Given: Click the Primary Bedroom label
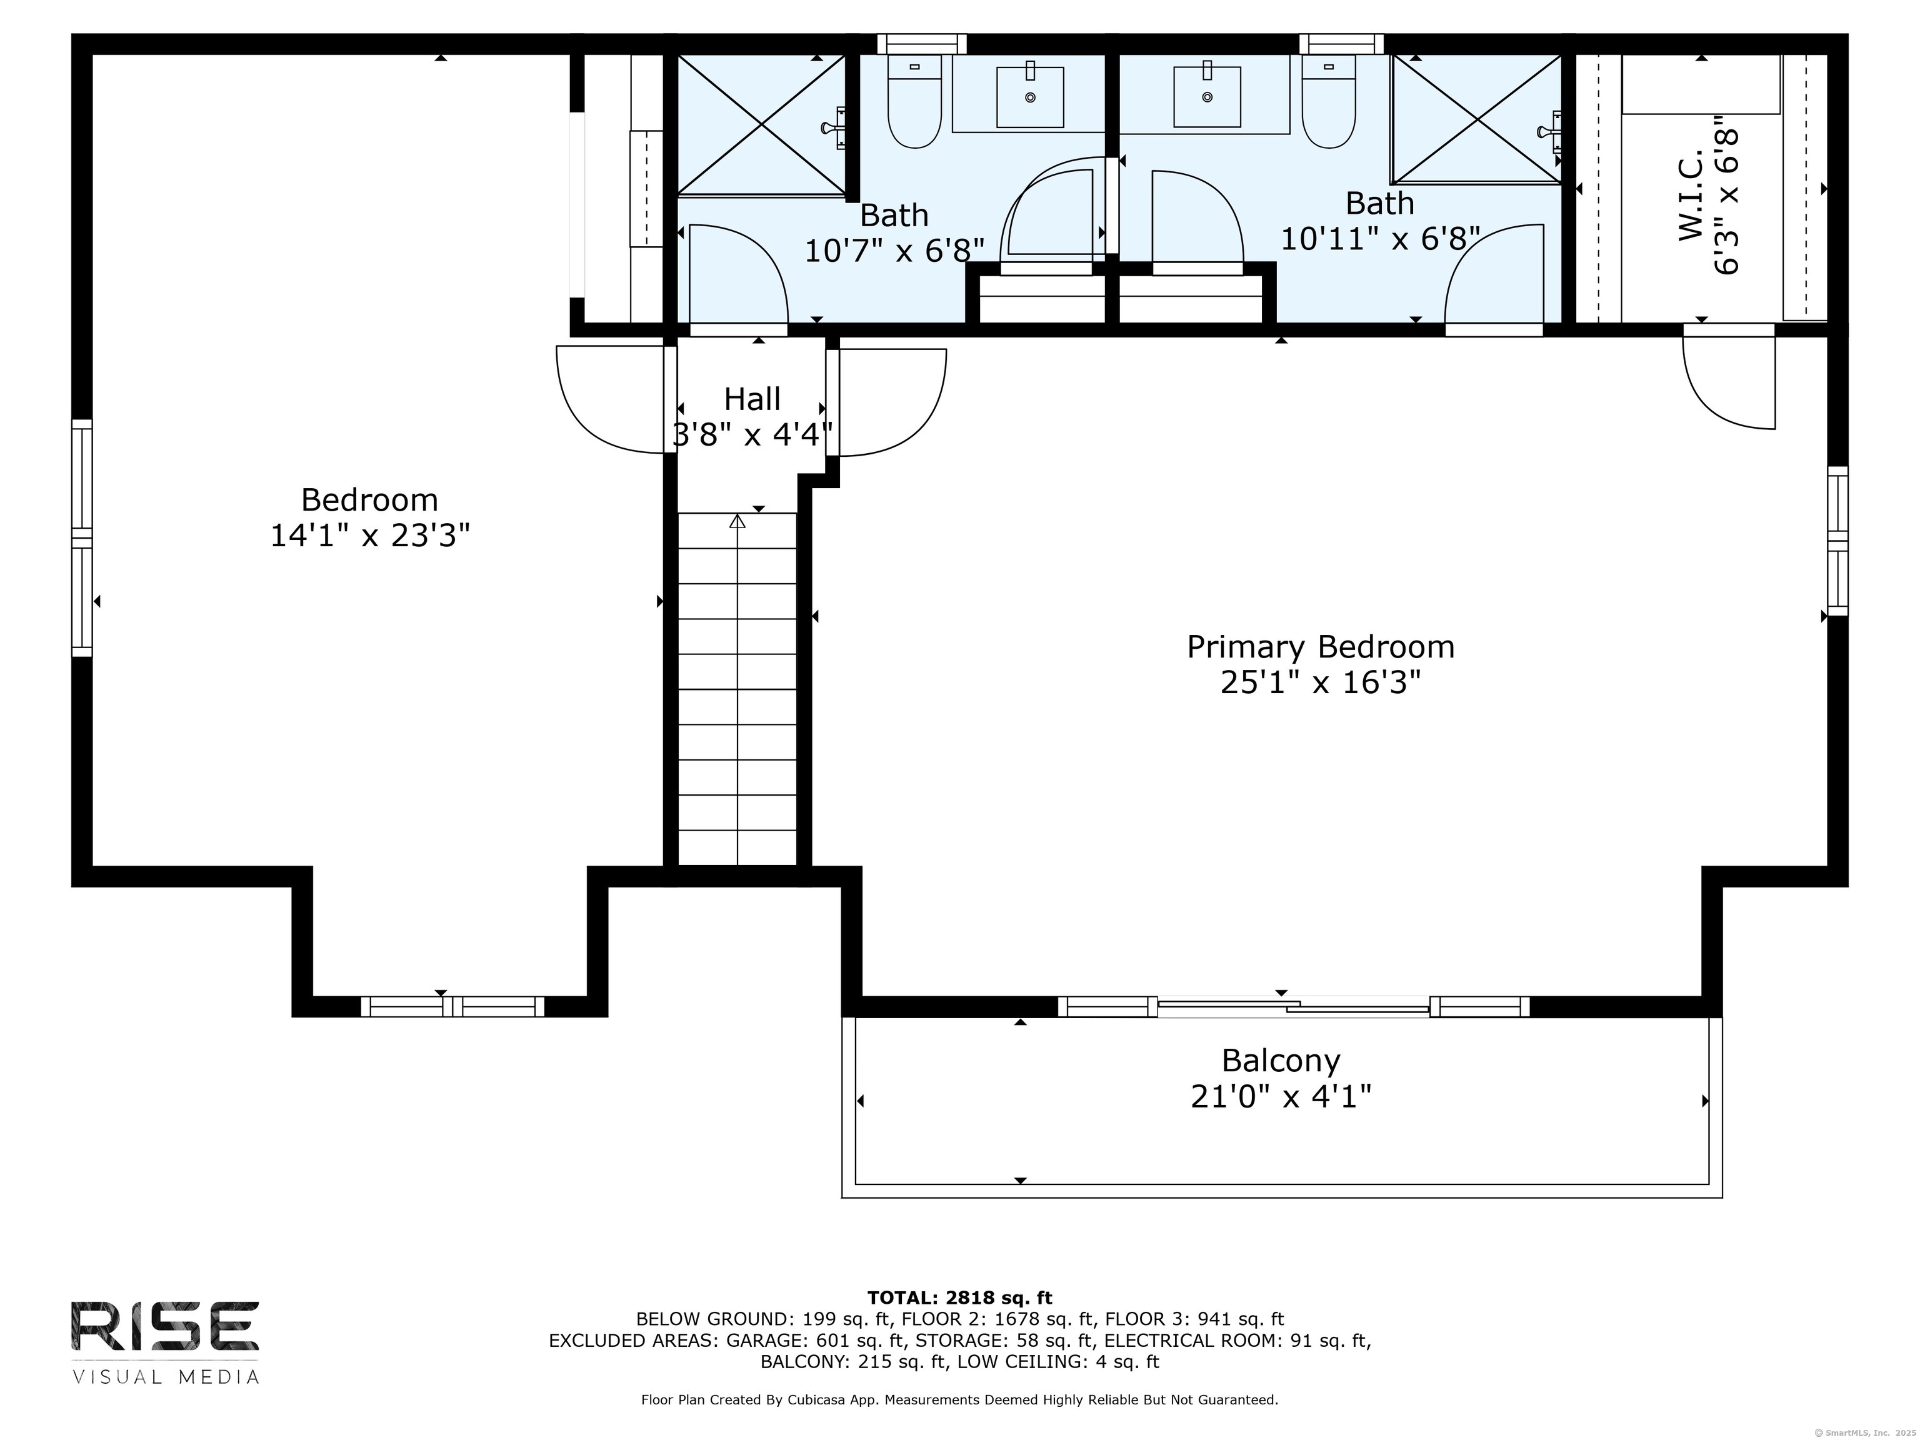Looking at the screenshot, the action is click(1320, 647).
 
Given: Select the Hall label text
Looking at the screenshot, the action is click(752, 399).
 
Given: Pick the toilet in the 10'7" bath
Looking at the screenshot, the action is click(915, 101).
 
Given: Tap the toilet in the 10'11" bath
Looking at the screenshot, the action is click(1329, 101).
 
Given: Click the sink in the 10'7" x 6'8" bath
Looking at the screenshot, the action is click(1030, 96).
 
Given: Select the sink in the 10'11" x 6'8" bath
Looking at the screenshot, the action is click(1207, 96).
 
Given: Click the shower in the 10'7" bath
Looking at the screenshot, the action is click(761, 125).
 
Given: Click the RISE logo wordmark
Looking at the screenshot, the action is click(165, 1326).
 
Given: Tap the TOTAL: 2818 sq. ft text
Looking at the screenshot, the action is click(959, 1297).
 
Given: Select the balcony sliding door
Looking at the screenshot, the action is click(1293, 1007).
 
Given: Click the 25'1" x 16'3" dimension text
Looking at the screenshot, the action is click(1320, 683).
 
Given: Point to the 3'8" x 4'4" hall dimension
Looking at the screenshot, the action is click(752, 434).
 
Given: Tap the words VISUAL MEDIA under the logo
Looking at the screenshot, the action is click(165, 1377).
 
